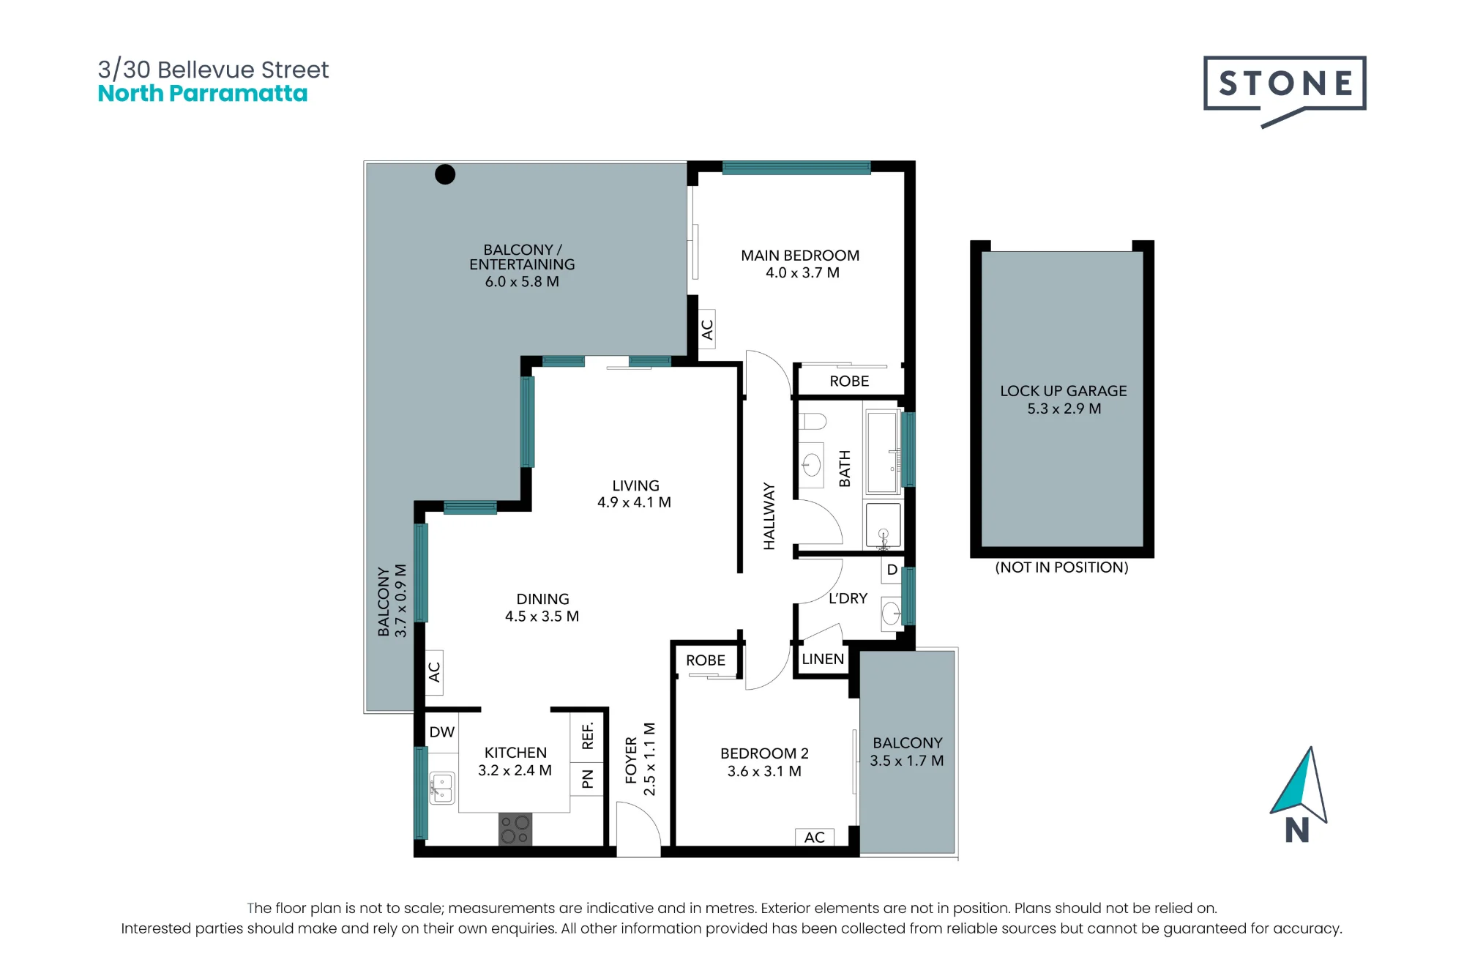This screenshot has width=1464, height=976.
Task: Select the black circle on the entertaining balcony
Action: tap(445, 174)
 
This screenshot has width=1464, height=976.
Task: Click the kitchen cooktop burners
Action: tap(515, 829)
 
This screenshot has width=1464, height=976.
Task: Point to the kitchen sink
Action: tap(442, 788)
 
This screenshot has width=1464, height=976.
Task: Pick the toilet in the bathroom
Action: tap(812, 421)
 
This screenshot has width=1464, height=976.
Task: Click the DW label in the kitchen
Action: tap(442, 732)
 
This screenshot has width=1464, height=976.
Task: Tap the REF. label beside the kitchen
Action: tap(587, 736)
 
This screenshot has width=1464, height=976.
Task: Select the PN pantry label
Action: tap(587, 779)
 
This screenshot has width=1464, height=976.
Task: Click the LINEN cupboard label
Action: tap(823, 659)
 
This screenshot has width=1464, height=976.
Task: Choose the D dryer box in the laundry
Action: tap(892, 570)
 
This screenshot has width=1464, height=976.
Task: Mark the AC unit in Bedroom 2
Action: tap(815, 837)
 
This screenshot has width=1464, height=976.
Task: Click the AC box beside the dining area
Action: tap(434, 672)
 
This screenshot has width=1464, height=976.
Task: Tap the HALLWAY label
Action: tap(769, 515)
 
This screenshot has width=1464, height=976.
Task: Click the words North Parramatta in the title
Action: tap(203, 94)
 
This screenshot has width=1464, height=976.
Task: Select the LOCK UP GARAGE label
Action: tap(1064, 391)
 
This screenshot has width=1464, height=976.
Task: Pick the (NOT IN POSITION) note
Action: tap(1061, 567)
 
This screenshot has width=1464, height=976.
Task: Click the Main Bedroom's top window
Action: tap(796, 168)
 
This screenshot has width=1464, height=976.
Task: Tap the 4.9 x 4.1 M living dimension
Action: tap(634, 502)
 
